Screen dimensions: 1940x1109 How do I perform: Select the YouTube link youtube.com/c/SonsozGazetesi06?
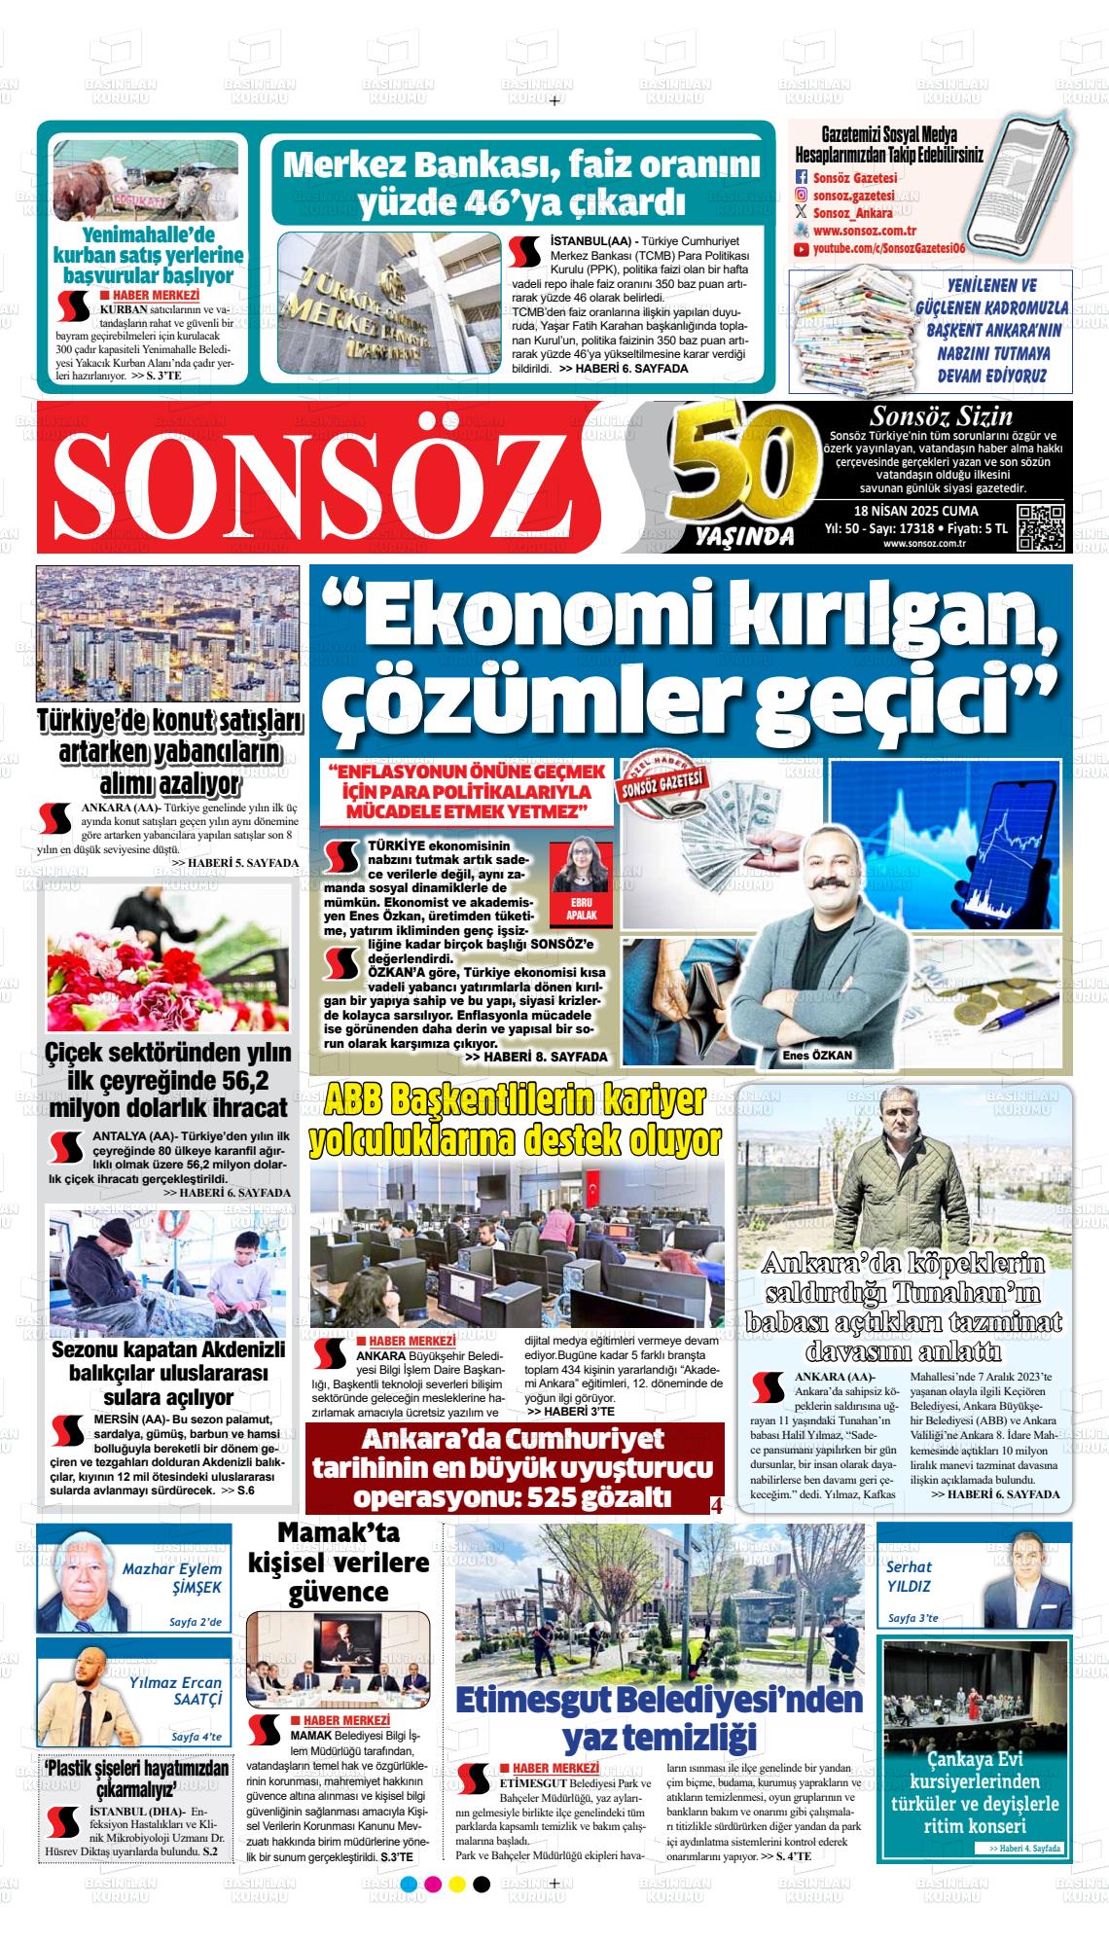point(888,249)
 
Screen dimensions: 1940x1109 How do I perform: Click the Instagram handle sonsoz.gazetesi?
point(854,195)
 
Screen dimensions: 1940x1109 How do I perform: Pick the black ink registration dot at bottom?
point(481,1885)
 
